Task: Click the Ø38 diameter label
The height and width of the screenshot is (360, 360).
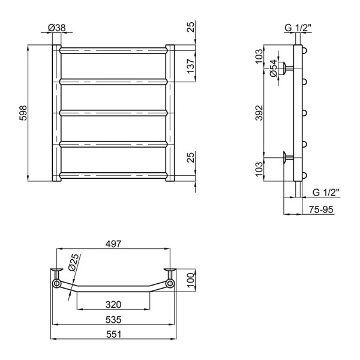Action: tap(57, 28)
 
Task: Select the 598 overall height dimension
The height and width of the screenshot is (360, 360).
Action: tap(23, 113)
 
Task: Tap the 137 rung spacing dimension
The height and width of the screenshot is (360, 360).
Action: tap(191, 66)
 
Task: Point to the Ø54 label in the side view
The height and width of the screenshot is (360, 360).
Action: tap(273, 68)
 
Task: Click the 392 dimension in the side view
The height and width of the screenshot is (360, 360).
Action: tap(259, 113)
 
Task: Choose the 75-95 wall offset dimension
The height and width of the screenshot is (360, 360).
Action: tap(321, 209)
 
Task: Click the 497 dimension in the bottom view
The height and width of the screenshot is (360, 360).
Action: tap(113, 244)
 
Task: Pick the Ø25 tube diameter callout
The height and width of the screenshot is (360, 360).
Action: tap(74, 262)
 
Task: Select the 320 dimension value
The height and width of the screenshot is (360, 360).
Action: tap(113, 305)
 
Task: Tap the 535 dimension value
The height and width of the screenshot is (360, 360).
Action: tap(113, 320)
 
